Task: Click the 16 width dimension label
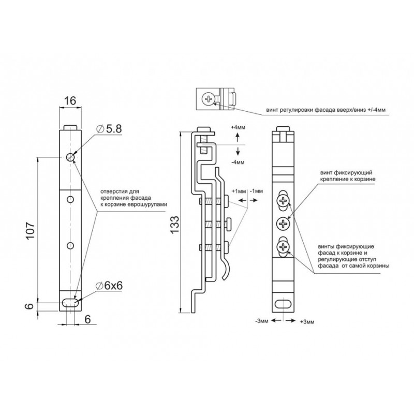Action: pos(70,100)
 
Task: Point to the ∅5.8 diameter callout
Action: pos(109,129)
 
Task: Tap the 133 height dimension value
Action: pos(174,225)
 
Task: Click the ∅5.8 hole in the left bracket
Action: pos(70,157)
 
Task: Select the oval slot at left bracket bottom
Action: pos(70,303)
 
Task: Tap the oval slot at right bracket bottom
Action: pos(283,304)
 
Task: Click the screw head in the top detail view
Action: pos(209,99)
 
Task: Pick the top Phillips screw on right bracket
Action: pos(283,201)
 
